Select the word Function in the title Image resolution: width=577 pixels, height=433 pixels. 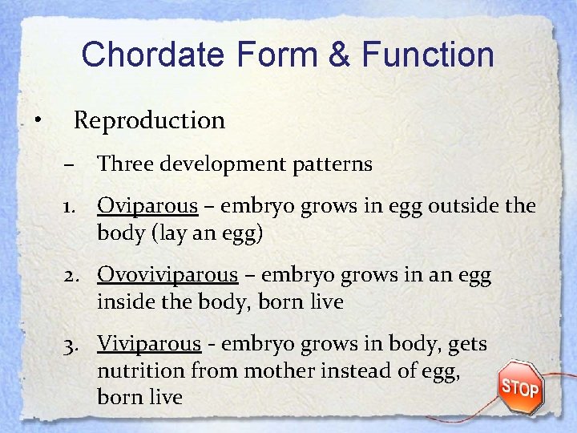pyautogui.click(x=428, y=55)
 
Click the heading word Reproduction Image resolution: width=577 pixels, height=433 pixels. pyautogui.click(x=149, y=120)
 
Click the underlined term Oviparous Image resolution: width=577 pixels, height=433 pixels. pyautogui.click(x=147, y=207)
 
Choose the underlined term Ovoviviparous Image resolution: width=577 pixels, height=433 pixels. pyautogui.click(x=167, y=276)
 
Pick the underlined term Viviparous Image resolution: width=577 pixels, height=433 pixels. pyautogui.click(x=149, y=344)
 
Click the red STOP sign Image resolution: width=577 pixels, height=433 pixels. pyautogui.click(x=519, y=388)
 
